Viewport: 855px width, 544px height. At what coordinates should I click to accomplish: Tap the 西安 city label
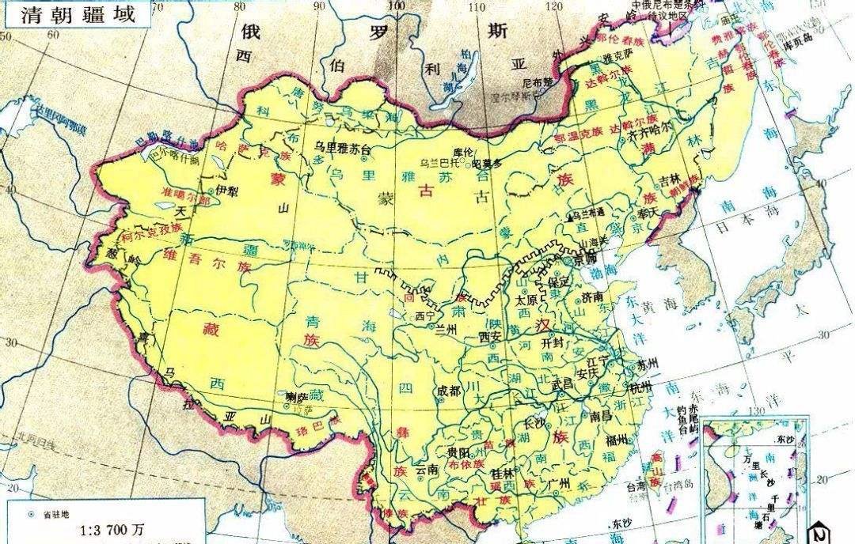491,337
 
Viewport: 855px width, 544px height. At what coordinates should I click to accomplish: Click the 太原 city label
526,300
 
